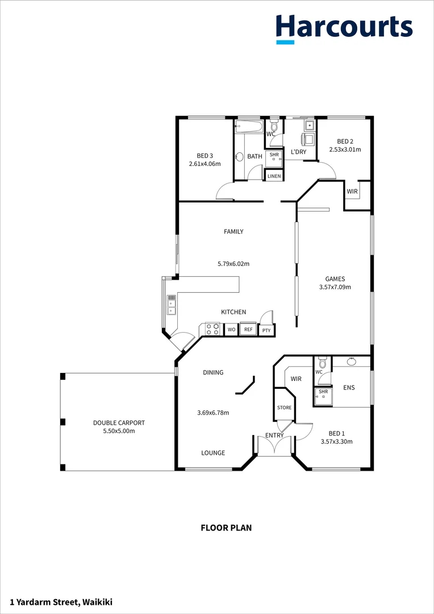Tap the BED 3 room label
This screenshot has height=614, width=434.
[x=205, y=156]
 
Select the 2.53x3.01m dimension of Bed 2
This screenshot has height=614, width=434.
[x=345, y=150]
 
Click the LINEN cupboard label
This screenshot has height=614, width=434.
[x=274, y=176]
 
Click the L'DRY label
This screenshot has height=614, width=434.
[x=298, y=152]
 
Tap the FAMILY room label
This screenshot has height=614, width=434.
[x=233, y=231]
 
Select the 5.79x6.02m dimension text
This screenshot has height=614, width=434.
[x=233, y=264]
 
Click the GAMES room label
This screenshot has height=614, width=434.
[x=335, y=279]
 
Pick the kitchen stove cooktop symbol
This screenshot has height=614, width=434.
[x=212, y=329]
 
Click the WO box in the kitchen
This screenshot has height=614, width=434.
[x=231, y=329]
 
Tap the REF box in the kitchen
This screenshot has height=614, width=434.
[x=248, y=329]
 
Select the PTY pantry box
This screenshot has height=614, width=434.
[x=266, y=330]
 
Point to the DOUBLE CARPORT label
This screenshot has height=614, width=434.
[x=119, y=423]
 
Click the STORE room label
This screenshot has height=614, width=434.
[x=284, y=408]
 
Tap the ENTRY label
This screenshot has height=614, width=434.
[x=274, y=435]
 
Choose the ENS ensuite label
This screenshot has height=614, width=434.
[x=349, y=388]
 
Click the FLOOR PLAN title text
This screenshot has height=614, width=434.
[x=226, y=528]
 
